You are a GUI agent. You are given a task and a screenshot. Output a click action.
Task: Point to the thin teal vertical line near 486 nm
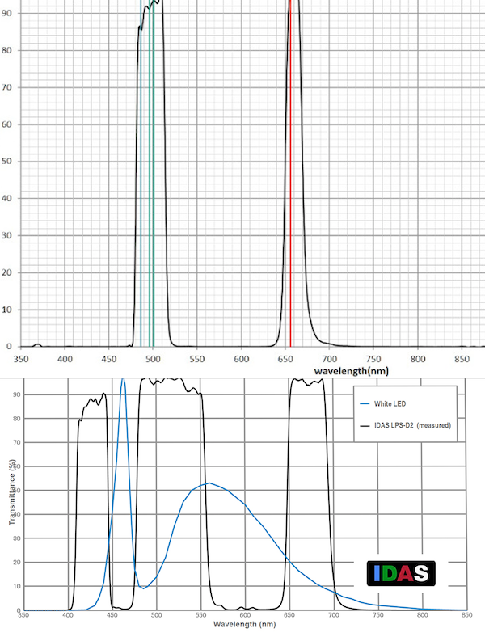coord(141,202)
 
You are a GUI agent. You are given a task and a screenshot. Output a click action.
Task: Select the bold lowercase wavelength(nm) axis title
coord(348,369)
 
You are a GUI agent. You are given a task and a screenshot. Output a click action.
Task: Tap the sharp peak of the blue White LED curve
coord(123,379)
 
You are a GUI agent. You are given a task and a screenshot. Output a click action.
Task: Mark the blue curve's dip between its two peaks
coord(144,588)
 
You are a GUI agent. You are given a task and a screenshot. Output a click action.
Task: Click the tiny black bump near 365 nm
coord(36,344)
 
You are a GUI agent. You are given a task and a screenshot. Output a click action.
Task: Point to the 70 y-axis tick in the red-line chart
coord(8,88)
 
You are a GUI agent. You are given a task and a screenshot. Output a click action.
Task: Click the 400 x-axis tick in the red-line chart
coord(65,358)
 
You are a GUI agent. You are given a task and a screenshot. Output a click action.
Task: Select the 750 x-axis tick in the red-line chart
coord(373,358)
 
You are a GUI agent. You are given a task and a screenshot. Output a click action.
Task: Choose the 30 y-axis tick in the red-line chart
coord(8,236)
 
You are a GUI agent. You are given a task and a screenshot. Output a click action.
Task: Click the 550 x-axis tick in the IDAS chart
coord(200,616)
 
